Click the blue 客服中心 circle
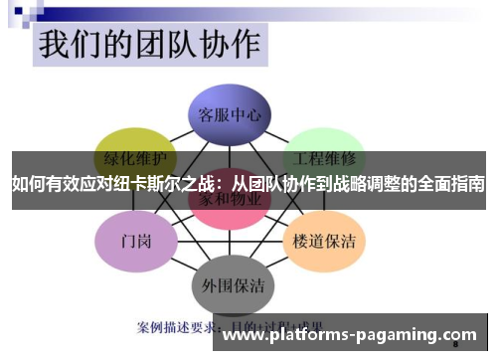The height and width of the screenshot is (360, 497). (x=230, y=115)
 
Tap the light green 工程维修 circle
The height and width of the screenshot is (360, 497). (x=326, y=156)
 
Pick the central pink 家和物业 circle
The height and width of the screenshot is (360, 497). (x=231, y=201)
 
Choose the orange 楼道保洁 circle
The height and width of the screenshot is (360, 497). (x=326, y=241)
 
